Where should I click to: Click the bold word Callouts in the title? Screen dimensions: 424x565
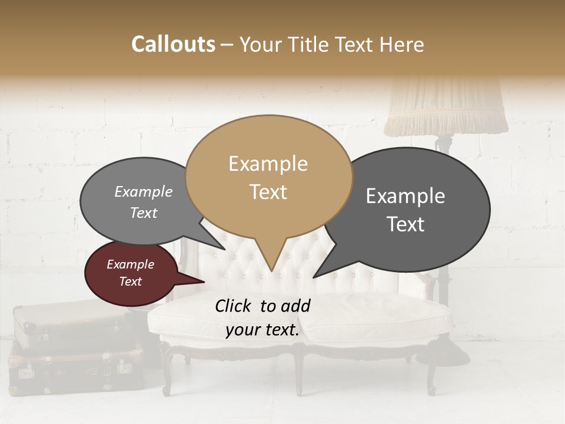coord(173,45)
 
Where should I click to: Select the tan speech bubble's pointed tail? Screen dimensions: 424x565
coord(271,259)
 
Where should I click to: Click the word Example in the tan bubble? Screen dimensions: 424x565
coord(268,164)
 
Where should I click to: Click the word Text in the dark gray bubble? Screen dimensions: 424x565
coord(406,224)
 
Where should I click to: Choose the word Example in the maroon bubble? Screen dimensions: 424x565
coord(130,264)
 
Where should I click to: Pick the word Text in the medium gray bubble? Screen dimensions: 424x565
coord(144,213)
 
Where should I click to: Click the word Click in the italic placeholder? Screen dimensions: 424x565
coord(234,306)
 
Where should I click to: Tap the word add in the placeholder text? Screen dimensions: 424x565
coord(295,306)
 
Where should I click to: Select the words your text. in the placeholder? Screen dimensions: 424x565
coord(262,330)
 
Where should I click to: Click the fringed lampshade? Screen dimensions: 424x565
coord(446,109)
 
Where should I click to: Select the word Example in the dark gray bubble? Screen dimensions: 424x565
coord(406,196)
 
